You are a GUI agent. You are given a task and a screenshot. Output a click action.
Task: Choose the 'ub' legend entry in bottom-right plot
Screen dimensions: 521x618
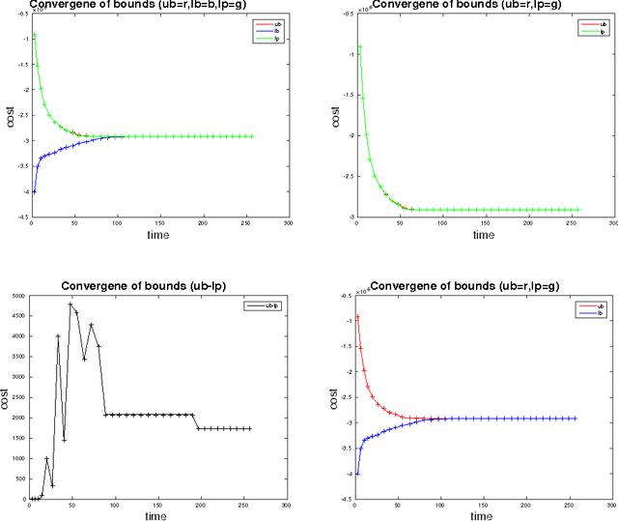587,306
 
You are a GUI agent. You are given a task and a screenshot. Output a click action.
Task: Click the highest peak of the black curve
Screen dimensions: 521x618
70,304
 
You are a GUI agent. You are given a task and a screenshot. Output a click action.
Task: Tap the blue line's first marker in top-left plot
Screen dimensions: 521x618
34,190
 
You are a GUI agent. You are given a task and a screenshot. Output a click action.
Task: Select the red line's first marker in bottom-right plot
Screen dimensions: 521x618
358,317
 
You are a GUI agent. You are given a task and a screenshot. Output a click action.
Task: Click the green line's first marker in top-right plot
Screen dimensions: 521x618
359,46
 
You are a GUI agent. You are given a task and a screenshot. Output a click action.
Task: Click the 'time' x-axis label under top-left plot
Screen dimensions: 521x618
158,235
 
